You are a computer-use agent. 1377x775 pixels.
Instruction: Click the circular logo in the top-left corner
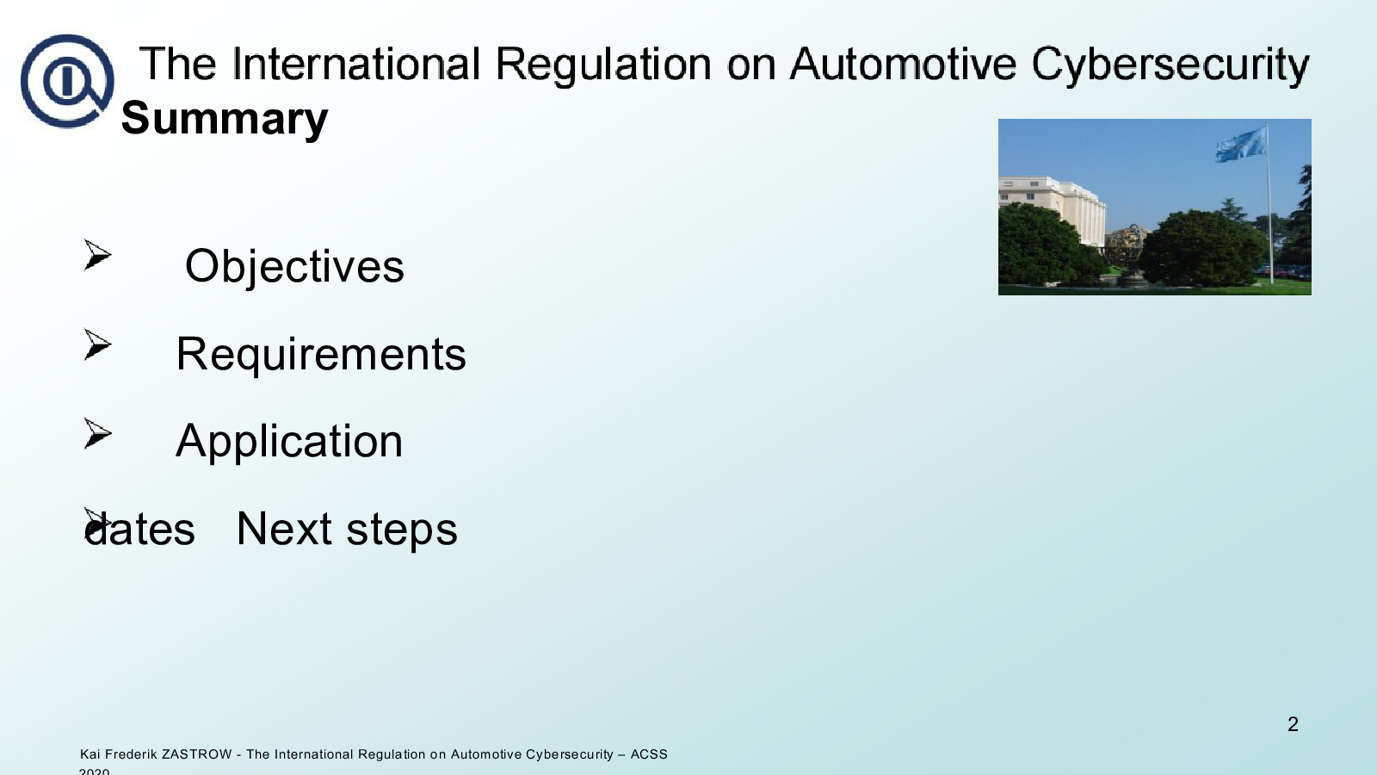click(67, 81)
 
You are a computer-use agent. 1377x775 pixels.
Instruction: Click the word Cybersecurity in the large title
click(1170, 65)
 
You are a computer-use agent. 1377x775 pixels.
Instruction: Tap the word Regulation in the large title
click(603, 65)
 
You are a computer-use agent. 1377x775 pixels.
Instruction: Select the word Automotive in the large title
click(903, 64)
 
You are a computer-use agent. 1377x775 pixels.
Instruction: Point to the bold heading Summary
click(225, 119)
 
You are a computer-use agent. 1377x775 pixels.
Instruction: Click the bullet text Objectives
click(294, 267)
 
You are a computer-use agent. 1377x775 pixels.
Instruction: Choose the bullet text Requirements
click(321, 355)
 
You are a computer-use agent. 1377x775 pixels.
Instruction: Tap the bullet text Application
click(289, 442)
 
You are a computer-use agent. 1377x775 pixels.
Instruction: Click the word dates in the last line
click(139, 529)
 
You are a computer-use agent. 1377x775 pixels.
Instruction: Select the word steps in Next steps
click(402, 530)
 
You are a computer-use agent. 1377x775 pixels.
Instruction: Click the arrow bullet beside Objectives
click(97, 255)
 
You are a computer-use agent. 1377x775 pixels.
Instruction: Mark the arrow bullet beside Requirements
click(97, 344)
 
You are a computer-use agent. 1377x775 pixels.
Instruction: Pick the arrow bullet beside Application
click(97, 433)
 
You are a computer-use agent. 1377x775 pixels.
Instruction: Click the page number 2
click(1293, 724)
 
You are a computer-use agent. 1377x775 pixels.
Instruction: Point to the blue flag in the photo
click(1240, 146)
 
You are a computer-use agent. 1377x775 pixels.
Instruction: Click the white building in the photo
click(1053, 208)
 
